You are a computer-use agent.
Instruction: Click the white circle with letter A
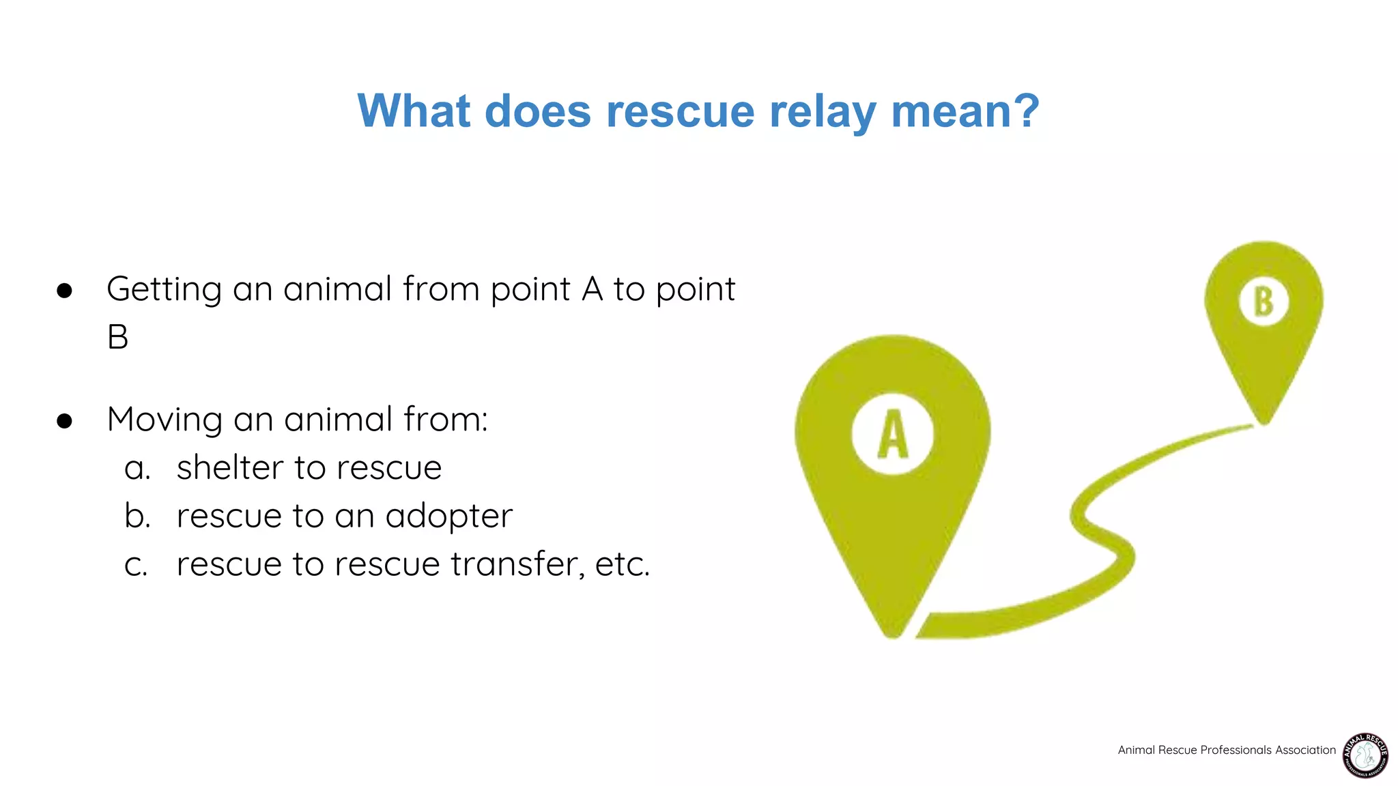[892, 434]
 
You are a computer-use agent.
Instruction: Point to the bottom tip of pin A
[893, 635]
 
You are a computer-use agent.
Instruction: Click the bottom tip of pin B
[1264, 422]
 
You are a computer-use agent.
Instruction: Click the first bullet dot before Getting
[65, 291]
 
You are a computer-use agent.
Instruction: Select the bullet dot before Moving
[65, 421]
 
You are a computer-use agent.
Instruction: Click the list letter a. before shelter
[137, 469]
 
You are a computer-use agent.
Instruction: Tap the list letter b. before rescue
[137, 516]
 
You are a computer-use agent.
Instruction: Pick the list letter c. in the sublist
[136, 565]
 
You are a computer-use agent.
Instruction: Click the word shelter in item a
[229, 468]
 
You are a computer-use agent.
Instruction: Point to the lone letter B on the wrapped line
[118, 337]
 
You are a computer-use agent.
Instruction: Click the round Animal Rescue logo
[1365, 755]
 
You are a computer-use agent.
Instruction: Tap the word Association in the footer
[1305, 750]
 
